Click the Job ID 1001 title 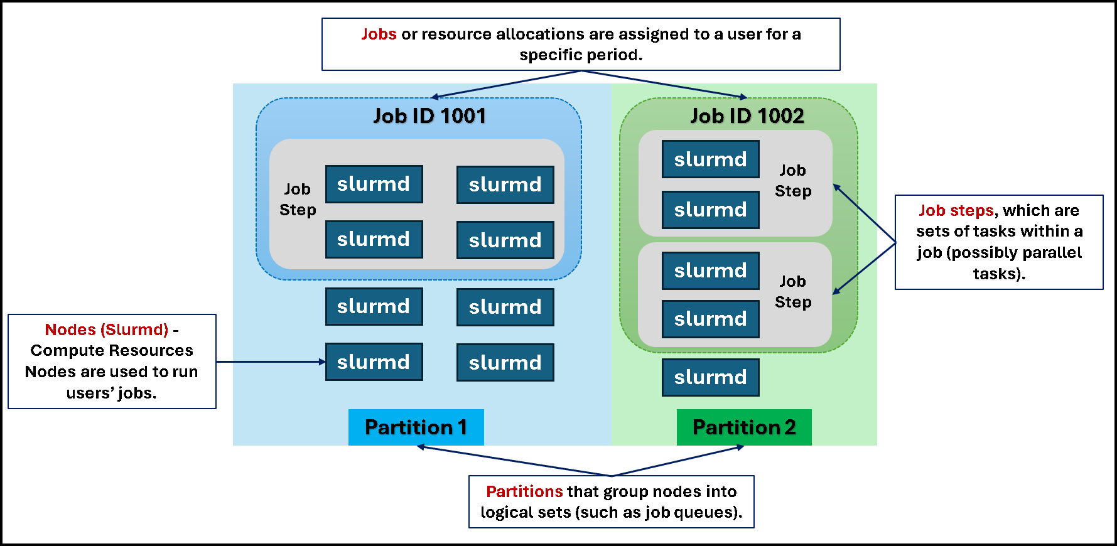coord(429,116)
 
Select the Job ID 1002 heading coord(747,116)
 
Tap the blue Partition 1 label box coord(416,427)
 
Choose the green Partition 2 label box coord(744,427)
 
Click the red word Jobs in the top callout coord(379,34)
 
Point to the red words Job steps coord(956,210)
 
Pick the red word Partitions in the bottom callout coord(524,491)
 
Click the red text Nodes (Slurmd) coord(107,329)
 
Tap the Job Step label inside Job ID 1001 coord(298,200)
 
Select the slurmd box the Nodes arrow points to coord(374,362)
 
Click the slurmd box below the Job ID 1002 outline coord(710,377)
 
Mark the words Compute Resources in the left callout coord(112,350)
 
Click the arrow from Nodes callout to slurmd coord(270,361)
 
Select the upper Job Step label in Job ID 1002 coord(793,181)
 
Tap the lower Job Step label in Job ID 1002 coord(793,292)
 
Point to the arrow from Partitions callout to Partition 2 coord(678,461)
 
